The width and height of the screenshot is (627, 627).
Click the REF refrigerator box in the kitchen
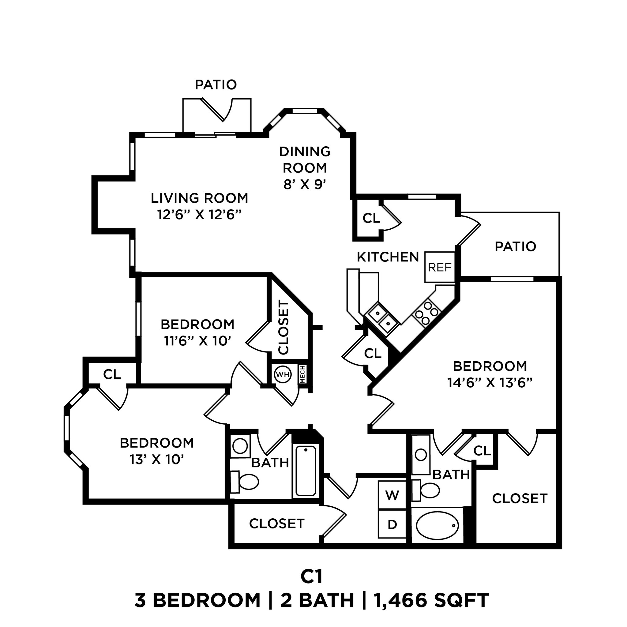(440, 267)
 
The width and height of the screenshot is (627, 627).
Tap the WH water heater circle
(282, 374)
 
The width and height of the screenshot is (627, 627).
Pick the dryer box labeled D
(392, 524)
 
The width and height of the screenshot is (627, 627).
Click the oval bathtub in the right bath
(437, 525)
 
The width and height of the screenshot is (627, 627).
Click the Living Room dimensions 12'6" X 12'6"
(199, 215)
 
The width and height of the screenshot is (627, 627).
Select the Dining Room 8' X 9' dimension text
(304, 185)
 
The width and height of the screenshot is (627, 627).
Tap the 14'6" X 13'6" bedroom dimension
(490, 383)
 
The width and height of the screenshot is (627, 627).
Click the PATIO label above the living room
(216, 85)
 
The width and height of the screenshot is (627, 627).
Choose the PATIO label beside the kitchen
(515, 247)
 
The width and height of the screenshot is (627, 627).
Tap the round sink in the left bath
(240, 446)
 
